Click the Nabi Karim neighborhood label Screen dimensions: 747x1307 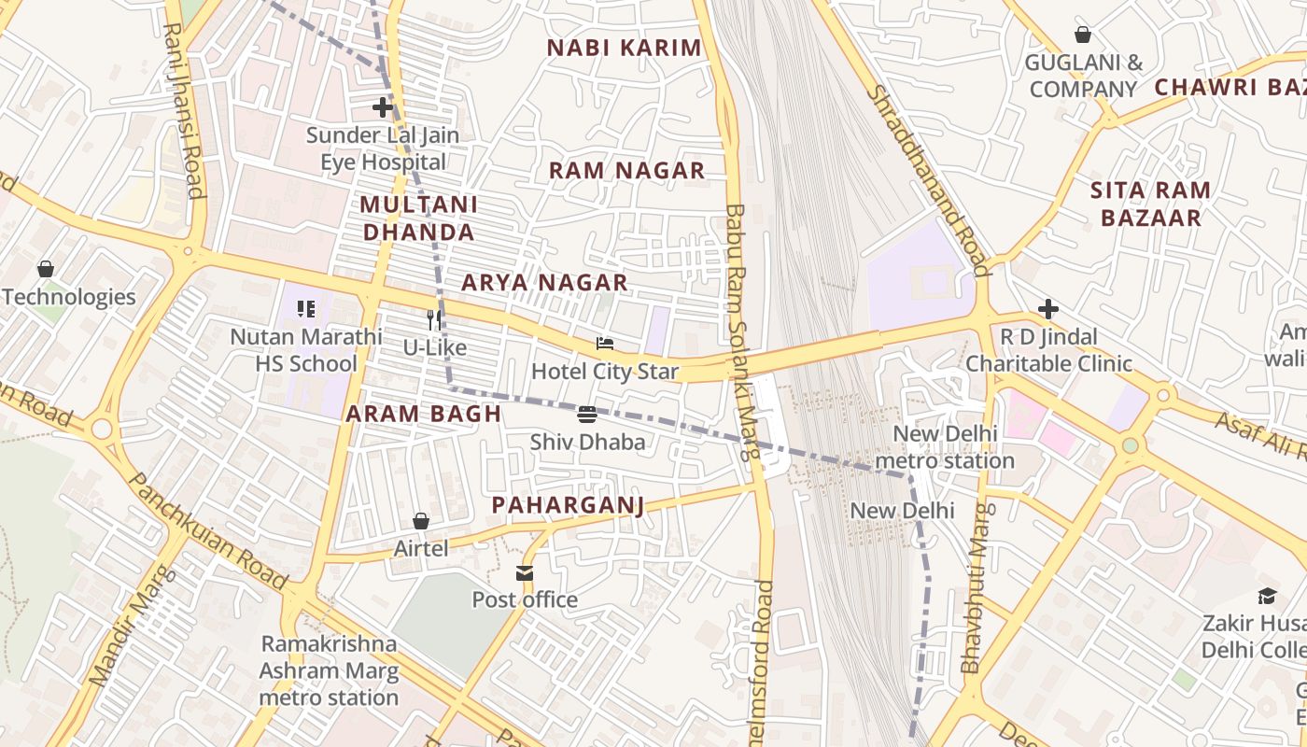click(624, 49)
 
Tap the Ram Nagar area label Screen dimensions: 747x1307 click(626, 171)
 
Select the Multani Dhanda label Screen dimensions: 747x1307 click(419, 218)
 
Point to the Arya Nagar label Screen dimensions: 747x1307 click(544, 283)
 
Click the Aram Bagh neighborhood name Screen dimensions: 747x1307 click(424, 415)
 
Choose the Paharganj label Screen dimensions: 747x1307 click(568, 506)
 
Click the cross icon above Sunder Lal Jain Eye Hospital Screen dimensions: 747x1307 click(383, 107)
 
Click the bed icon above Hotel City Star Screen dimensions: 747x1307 click(605, 345)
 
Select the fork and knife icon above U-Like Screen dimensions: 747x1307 click(434, 320)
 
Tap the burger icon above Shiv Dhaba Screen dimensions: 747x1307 click(587, 415)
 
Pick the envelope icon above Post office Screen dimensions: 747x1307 click(525, 572)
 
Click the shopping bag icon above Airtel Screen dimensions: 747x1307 click(421, 521)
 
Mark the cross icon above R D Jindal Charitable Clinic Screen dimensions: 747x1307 click(1048, 309)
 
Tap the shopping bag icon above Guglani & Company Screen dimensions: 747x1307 click(1083, 35)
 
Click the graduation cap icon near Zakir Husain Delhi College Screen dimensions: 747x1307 click(1267, 596)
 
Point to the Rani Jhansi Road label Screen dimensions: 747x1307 click(183, 110)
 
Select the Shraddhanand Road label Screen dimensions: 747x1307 click(928, 181)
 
